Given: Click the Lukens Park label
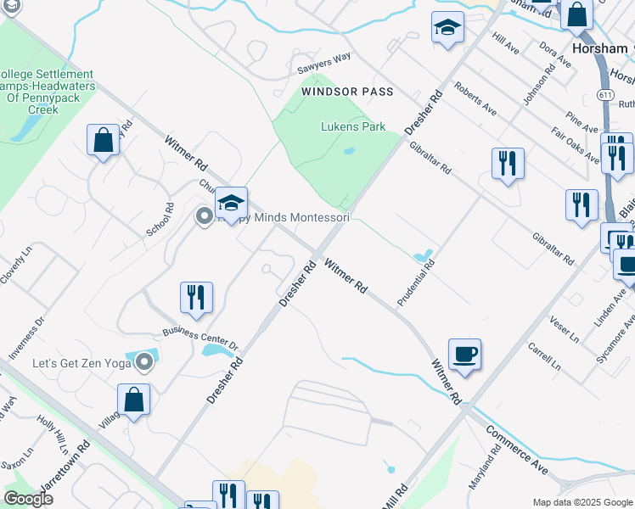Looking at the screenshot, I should point(352,126).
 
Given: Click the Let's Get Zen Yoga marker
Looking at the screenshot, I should point(144,363).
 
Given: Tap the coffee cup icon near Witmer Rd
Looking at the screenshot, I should point(464,354).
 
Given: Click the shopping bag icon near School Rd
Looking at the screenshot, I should point(103,141).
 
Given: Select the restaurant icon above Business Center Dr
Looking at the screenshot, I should point(196,298).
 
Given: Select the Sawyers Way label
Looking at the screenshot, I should point(323,59).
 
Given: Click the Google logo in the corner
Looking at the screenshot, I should point(29,500).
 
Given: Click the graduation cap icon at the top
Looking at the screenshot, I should point(447,28).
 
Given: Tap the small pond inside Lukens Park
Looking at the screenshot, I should point(349,152).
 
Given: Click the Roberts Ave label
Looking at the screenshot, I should point(475,98).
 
